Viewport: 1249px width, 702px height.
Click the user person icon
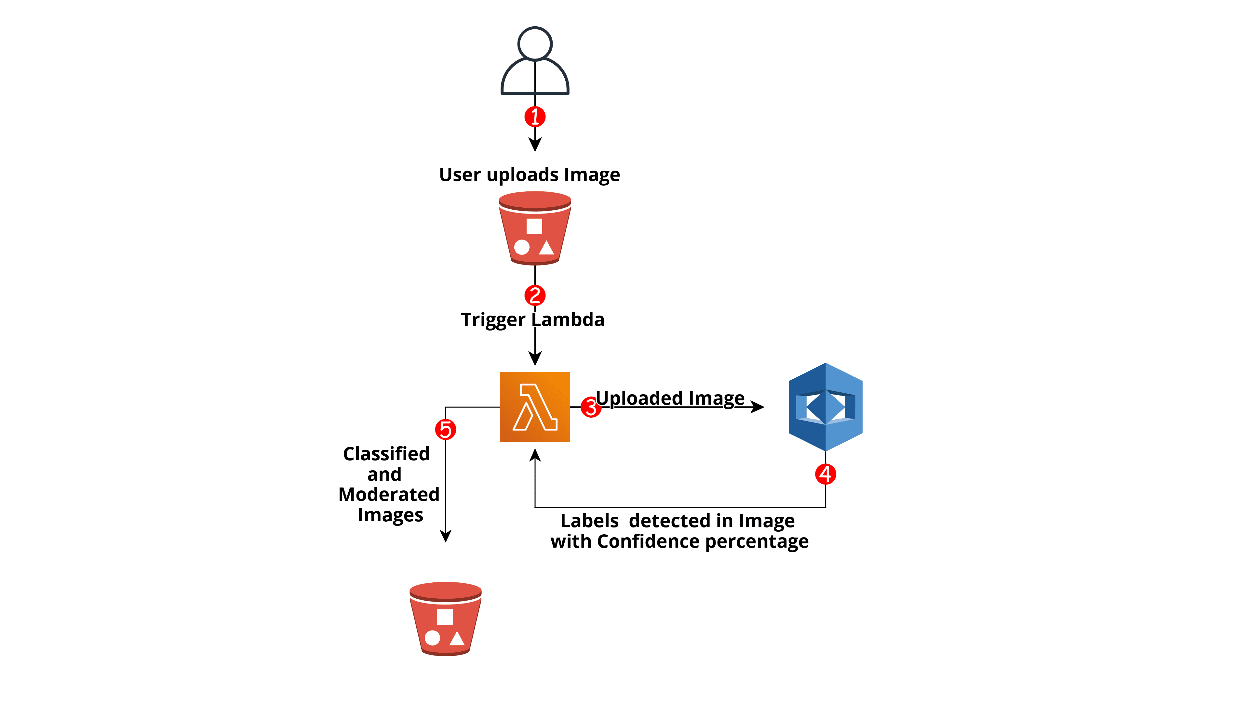point(535,60)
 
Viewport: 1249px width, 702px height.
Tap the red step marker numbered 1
point(535,117)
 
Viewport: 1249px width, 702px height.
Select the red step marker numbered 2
point(535,295)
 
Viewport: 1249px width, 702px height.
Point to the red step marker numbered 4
point(825,474)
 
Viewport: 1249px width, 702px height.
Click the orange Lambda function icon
point(535,407)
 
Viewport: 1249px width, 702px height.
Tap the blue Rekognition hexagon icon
point(825,407)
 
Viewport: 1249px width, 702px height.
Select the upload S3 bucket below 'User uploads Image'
point(535,228)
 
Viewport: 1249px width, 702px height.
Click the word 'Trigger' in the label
point(493,320)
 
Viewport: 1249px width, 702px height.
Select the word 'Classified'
point(386,454)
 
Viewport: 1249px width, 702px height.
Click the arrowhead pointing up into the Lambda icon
point(535,455)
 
